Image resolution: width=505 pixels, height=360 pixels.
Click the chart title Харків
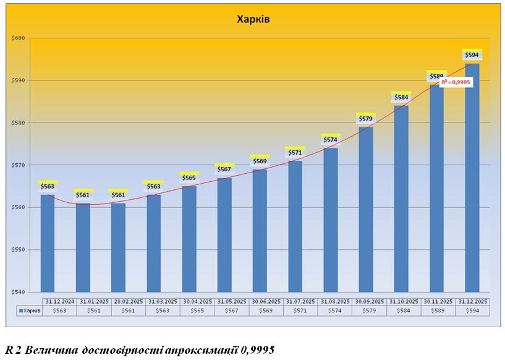pos(253,19)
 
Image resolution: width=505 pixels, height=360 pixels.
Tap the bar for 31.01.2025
pos(83,247)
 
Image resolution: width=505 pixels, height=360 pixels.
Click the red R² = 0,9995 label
pos(456,81)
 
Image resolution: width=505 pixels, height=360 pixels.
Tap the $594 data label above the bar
pos(472,56)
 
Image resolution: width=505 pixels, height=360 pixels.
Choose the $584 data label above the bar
pos(401,98)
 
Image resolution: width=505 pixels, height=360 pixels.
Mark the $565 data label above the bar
pos(189,178)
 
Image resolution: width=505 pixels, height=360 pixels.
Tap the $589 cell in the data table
pos(439,311)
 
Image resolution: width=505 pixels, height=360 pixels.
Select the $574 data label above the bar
pos(331,140)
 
